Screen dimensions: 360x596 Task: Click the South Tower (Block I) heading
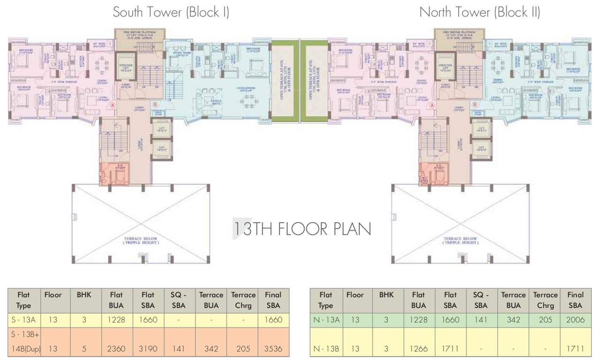click(171, 12)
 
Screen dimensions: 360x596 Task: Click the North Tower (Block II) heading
click(479, 12)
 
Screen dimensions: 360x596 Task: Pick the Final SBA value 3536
click(273, 348)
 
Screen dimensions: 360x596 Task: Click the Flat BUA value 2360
click(116, 348)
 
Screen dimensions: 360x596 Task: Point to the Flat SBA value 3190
click(148, 348)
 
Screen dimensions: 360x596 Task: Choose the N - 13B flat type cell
click(325, 348)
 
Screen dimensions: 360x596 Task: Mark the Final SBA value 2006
click(575, 320)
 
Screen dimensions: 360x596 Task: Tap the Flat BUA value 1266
click(418, 348)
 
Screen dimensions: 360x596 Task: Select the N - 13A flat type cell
click(325, 320)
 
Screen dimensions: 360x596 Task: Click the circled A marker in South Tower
click(112, 106)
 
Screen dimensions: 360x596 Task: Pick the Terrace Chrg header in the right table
click(545, 300)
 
